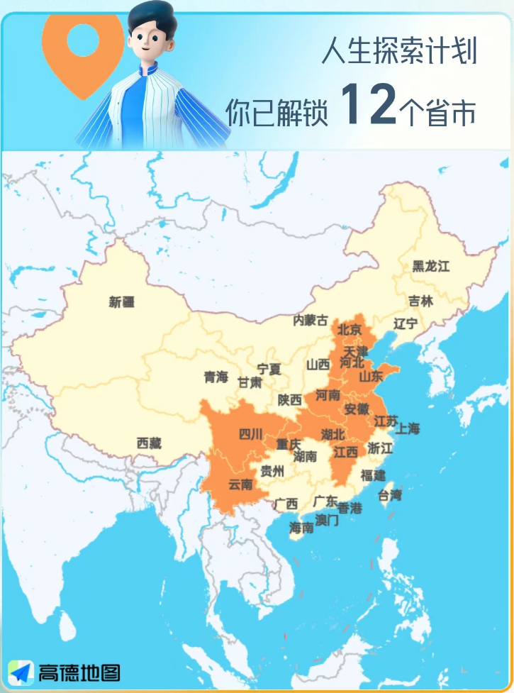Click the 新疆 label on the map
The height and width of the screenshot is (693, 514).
(121, 302)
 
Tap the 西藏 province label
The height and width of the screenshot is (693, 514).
(149, 443)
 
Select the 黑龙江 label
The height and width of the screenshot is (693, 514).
(431, 267)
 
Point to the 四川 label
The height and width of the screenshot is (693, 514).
(250, 434)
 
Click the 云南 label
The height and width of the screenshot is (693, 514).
(240, 485)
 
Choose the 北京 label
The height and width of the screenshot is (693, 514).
(350, 329)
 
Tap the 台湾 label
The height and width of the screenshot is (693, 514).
(390, 494)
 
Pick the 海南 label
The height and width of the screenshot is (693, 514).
(301, 528)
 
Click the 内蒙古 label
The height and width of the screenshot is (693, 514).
(311, 321)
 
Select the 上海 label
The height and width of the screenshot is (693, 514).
(408, 428)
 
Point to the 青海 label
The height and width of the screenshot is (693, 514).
(216, 377)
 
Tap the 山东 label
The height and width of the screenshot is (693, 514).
(371, 375)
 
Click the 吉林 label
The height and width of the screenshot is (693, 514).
(420, 301)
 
